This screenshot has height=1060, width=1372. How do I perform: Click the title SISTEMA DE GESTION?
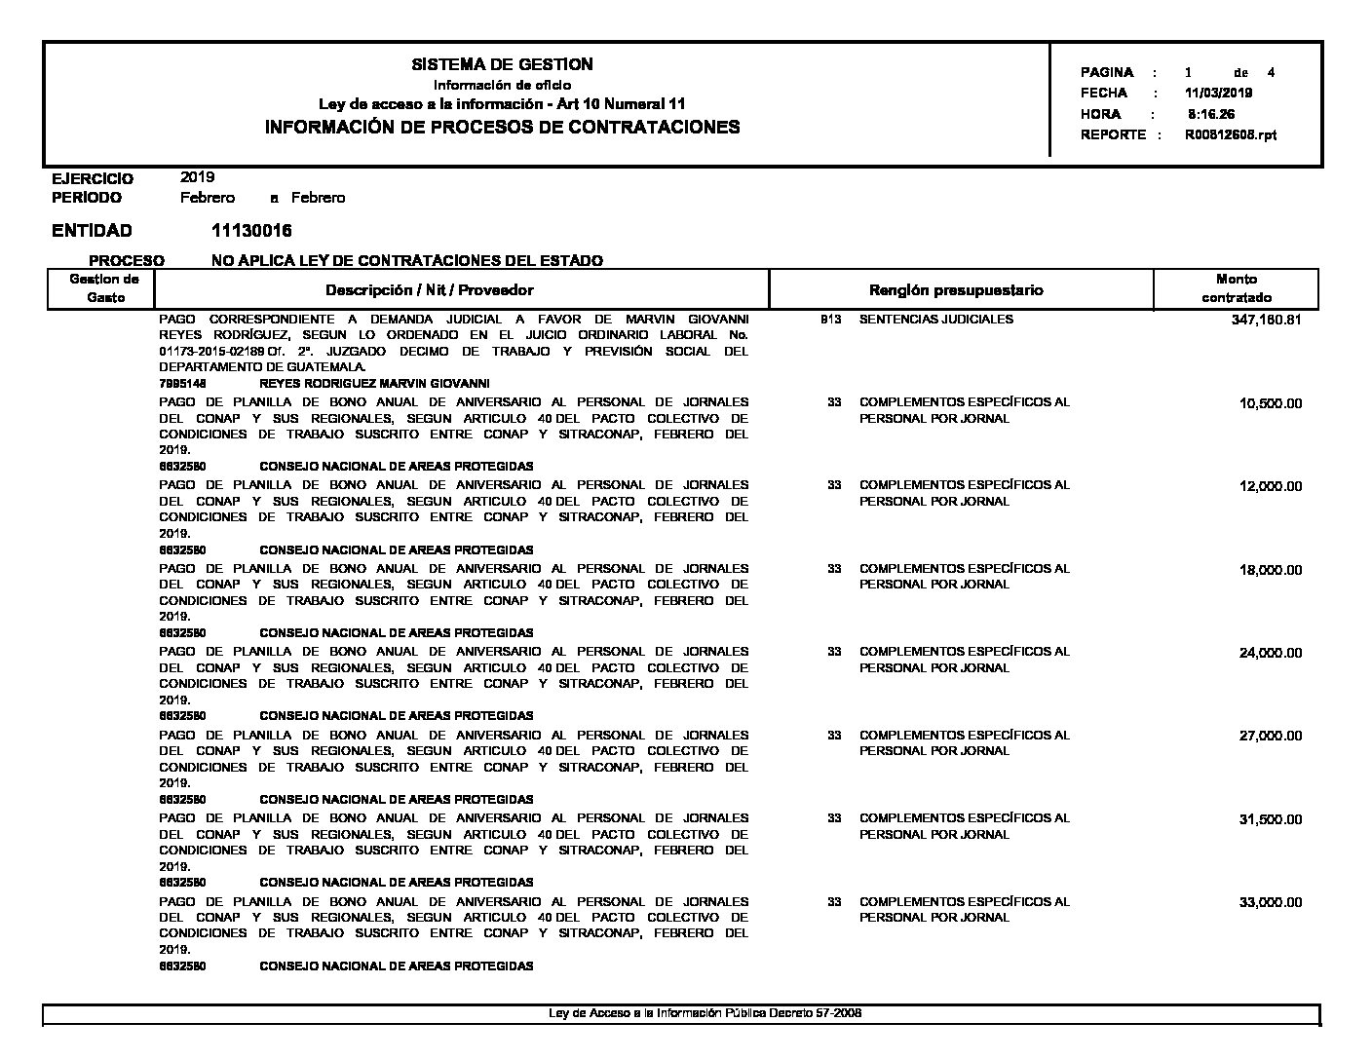click(x=502, y=64)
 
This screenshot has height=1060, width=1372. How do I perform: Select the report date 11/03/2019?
click(x=1218, y=94)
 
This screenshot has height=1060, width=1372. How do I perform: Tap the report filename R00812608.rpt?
click(x=1230, y=135)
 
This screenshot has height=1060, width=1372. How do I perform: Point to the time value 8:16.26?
click(x=1211, y=114)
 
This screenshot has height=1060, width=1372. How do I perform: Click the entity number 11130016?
click(x=251, y=231)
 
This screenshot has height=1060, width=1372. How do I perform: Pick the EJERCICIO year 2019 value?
click(x=198, y=177)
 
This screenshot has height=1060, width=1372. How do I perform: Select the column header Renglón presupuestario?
click(x=955, y=290)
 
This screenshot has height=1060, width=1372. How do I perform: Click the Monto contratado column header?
click(x=1236, y=288)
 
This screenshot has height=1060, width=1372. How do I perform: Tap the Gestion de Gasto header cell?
click(x=104, y=288)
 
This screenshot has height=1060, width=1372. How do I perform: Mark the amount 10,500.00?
click(x=1270, y=404)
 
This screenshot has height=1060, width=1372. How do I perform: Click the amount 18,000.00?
click(x=1270, y=570)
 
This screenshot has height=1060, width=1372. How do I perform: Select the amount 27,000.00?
click(x=1270, y=737)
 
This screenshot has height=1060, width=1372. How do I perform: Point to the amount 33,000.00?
click(x=1270, y=903)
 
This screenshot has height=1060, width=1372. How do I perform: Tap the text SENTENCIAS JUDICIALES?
click(x=935, y=320)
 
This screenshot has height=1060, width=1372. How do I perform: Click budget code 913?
click(x=831, y=320)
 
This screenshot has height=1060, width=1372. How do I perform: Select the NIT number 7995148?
click(x=182, y=384)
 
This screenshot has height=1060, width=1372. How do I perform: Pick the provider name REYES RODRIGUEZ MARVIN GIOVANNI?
click(x=374, y=384)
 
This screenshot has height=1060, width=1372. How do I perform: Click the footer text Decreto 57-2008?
click(x=823, y=1013)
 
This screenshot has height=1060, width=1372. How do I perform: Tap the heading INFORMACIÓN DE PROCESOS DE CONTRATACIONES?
click(x=502, y=127)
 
